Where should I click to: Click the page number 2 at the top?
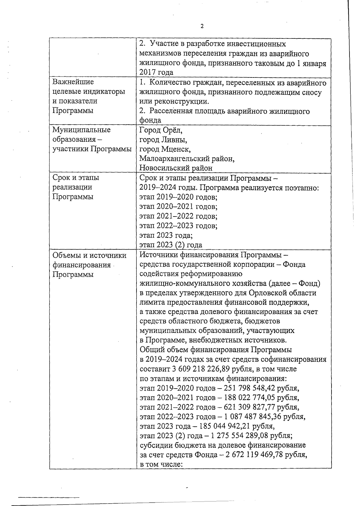click(x=202, y=26)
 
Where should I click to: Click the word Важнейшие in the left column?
click(x=73, y=82)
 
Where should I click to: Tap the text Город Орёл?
click(x=161, y=130)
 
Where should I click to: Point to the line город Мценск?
click(x=165, y=149)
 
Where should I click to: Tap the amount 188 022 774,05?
click(x=251, y=398)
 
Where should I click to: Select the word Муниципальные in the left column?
click(x=81, y=130)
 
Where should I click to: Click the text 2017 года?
click(x=156, y=72)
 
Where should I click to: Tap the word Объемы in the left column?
click(x=65, y=256)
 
